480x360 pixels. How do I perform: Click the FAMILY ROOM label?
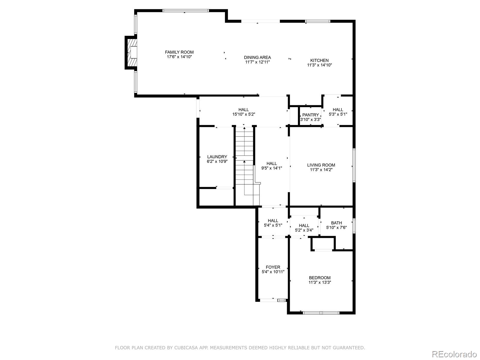coord(179,52)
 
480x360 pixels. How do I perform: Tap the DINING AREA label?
coord(257,58)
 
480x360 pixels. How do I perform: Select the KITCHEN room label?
coord(319,61)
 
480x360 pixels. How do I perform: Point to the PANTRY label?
coord(310,115)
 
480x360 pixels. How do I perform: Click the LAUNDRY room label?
coord(217,157)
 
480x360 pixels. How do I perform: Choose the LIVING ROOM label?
coord(321,165)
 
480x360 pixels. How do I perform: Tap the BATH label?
coord(336,223)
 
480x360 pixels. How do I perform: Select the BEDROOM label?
coord(320,278)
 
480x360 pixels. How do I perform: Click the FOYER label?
coord(273,267)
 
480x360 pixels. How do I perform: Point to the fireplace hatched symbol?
coord(132,52)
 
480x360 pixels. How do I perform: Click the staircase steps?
coord(244,166)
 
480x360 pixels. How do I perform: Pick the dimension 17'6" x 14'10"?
coord(179,57)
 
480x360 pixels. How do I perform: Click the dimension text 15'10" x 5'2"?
coord(244,114)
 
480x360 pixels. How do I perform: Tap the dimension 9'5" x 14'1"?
coord(271,168)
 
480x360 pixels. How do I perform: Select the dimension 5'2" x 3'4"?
coord(304,230)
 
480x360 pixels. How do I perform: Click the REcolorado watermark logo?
coord(454,354)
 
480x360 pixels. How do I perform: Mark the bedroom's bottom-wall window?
coord(321,313)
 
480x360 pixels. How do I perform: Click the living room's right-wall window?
coord(354,165)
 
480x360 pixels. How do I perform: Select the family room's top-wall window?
coord(185,10)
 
